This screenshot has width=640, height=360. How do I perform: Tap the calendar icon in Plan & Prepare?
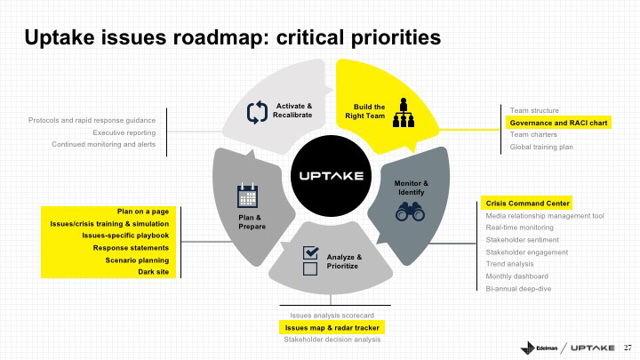click(247, 195)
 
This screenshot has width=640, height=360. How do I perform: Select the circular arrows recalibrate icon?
click(257, 113)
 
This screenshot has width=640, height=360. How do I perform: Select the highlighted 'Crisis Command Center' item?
click(526, 203)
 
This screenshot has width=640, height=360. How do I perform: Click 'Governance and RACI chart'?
click(558, 122)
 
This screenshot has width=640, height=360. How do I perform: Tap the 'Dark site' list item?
click(152, 272)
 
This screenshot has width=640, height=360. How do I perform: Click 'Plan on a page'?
click(143, 211)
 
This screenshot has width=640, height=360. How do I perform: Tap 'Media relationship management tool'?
click(544, 215)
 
